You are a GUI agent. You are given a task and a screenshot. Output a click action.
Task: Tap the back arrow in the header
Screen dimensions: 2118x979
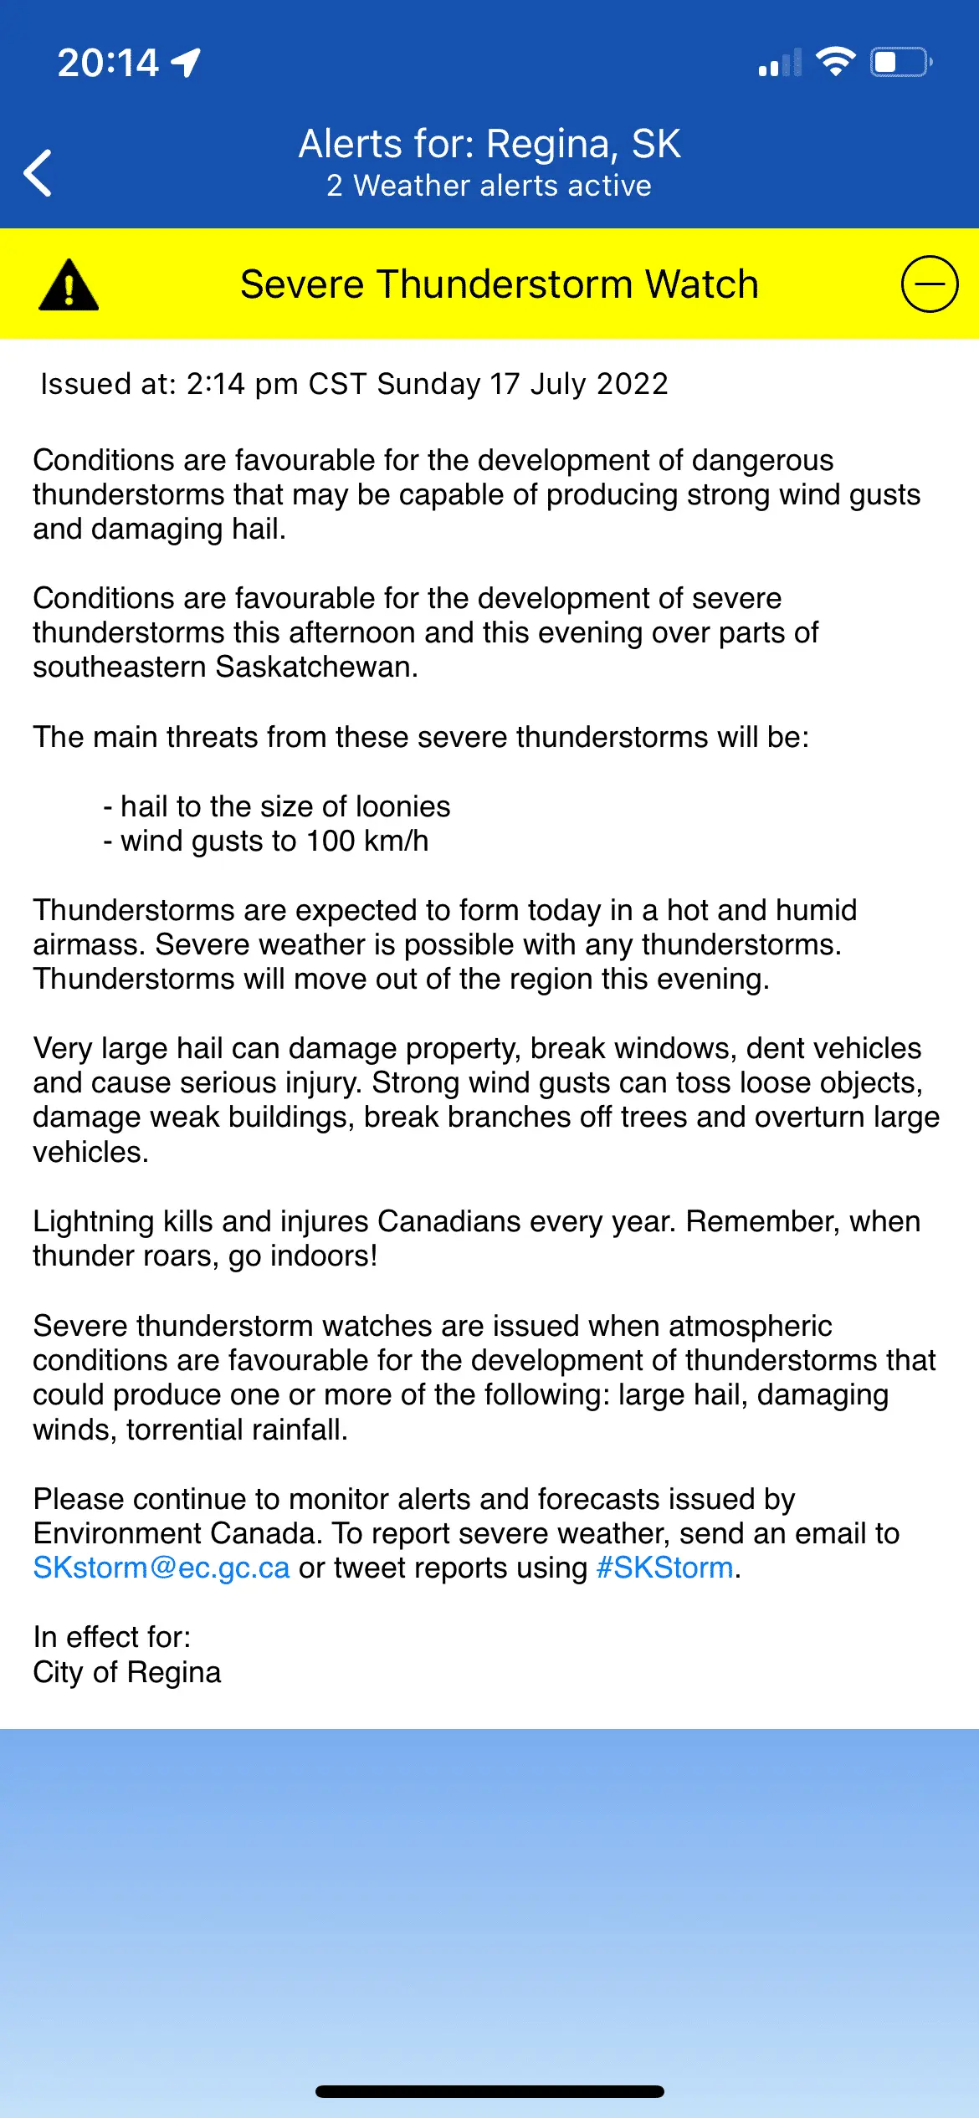click(x=38, y=173)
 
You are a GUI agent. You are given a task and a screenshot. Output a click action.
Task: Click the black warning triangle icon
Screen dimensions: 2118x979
click(x=69, y=285)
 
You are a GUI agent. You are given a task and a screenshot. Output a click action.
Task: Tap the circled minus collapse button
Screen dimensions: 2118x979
click(x=929, y=284)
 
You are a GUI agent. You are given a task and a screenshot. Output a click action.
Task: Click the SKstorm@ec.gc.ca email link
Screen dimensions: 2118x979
click(x=161, y=1568)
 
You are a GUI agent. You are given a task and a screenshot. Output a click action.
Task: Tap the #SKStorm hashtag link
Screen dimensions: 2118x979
click(x=664, y=1568)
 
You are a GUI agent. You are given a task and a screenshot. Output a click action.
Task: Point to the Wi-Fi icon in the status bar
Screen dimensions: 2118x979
click(x=835, y=62)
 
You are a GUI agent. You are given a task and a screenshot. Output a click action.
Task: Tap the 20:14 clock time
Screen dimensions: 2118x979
click(x=108, y=63)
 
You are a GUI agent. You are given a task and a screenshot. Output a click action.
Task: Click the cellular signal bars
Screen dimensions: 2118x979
click(x=779, y=64)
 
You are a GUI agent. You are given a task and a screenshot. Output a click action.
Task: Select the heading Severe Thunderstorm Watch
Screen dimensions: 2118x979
click(x=500, y=284)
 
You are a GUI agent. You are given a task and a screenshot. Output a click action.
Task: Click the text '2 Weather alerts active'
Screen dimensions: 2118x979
click(x=489, y=186)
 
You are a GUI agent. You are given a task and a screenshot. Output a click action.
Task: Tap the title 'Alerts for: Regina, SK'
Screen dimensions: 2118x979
click(x=489, y=144)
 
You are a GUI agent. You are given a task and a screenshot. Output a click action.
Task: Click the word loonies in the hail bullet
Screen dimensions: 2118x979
click(x=402, y=806)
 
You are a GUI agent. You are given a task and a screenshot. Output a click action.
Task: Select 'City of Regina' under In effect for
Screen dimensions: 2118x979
click(x=127, y=1672)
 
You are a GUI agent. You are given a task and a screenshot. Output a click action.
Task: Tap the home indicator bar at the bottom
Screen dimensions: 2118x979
click(x=489, y=2091)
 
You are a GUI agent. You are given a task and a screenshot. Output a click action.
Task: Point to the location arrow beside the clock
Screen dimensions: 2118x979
click(x=187, y=62)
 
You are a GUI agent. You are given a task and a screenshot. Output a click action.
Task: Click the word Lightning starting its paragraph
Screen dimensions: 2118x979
click(x=94, y=1221)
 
